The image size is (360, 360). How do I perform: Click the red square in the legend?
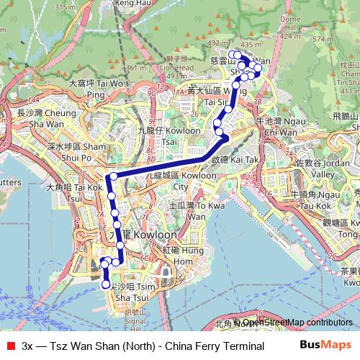pyautogui.click(x=9, y=346)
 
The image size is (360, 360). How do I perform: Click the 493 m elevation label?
pyautogui.click(x=176, y=75)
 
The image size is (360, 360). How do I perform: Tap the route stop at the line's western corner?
pyautogui.click(x=113, y=176)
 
